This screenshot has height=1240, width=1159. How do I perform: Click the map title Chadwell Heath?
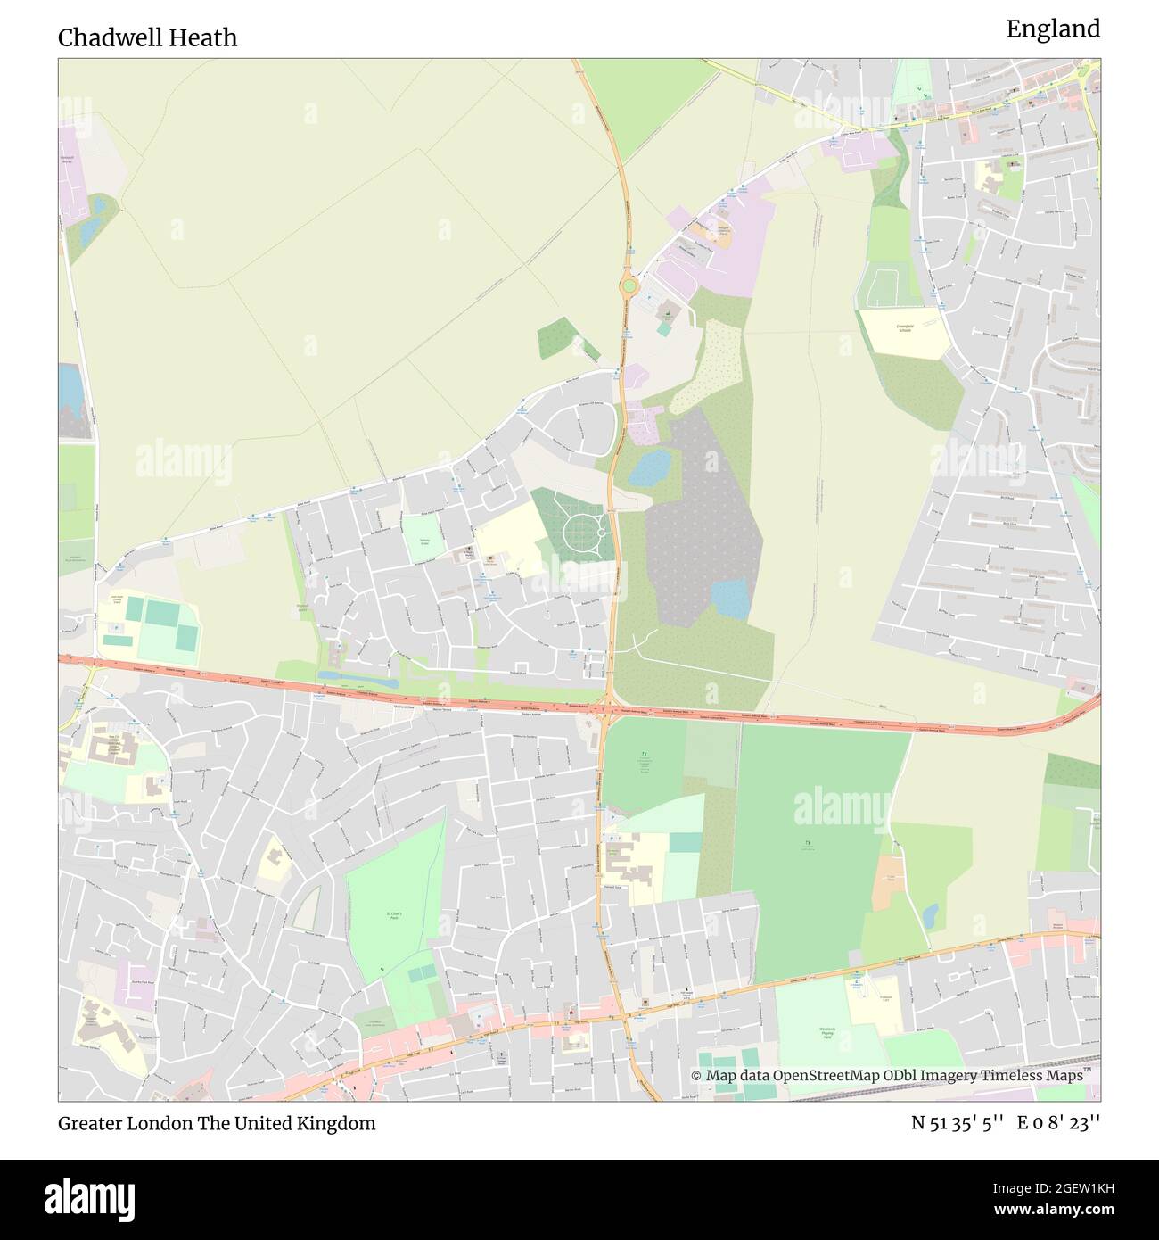pos(148,37)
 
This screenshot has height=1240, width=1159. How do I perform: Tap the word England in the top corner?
pos(1053,29)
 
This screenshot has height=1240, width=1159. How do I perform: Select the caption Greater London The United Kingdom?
pos(217,1123)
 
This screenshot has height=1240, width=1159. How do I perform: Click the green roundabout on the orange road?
pos(629,286)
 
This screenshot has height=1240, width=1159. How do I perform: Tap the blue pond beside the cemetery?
pos(650,466)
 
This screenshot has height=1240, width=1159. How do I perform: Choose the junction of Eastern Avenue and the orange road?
pos(605,711)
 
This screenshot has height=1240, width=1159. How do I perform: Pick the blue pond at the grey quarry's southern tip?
pos(732,598)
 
